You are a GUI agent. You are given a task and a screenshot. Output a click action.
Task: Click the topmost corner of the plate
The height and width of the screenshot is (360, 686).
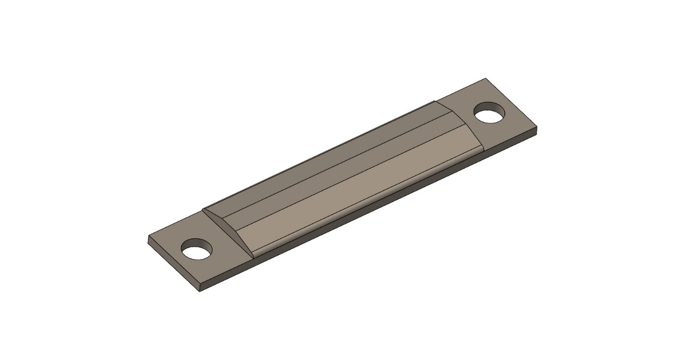486,79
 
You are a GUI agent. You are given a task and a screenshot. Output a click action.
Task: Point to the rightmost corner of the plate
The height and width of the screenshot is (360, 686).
536,129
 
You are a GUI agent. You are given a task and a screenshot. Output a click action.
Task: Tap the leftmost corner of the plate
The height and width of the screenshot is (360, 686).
148,237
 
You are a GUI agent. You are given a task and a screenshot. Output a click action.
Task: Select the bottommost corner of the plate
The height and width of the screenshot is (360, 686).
200,291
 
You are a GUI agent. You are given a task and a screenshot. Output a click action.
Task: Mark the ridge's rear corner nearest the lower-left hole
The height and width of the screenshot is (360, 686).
204,209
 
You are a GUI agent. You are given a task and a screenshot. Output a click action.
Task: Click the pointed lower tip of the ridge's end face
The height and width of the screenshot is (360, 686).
252,256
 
